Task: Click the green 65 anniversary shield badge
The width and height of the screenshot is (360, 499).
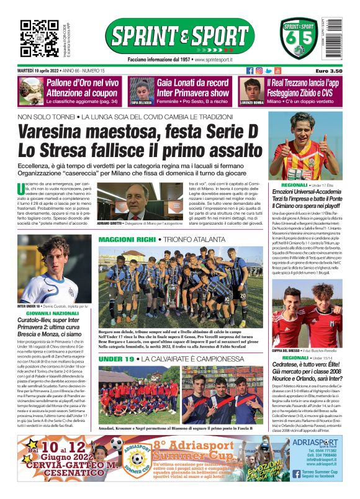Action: [x=297, y=39]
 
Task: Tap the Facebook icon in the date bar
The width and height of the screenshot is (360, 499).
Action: [x=250, y=71]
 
